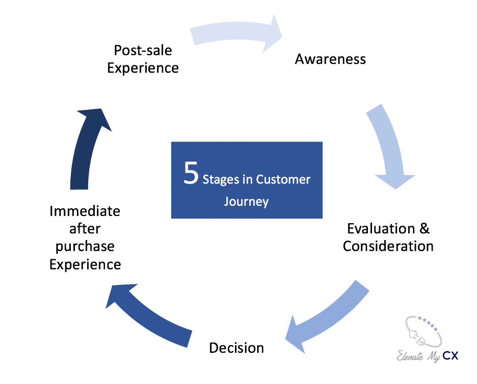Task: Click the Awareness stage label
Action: (x=330, y=59)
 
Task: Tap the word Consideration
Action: (x=388, y=246)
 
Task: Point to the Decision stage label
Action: (x=236, y=348)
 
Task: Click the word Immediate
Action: (x=85, y=211)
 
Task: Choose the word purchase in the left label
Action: (x=85, y=246)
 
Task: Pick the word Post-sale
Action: (x=143, y=50)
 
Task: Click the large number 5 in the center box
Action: (x=191, y=174)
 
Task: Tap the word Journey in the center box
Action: (x=246, y=201)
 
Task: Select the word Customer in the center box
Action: (x=283, y=180)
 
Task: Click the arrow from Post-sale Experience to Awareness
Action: (x=237, y=33)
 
